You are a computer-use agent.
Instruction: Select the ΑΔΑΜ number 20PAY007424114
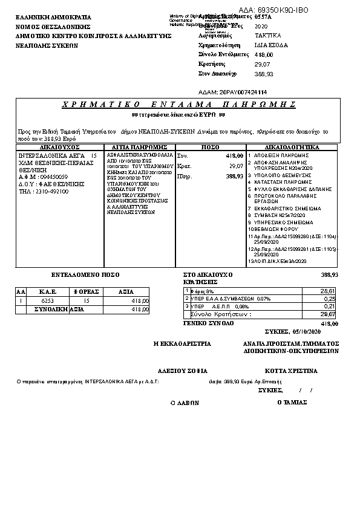tap(244, 92)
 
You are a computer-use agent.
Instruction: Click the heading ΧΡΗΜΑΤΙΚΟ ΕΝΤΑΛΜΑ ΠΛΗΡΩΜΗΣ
tap(178, 105)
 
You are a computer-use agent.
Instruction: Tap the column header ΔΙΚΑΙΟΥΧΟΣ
tap(60, 147)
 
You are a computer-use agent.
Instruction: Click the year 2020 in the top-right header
tap(261, 27)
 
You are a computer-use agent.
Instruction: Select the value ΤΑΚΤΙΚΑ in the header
tap(267, 36)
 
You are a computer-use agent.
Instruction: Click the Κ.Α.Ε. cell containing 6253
tap(47, 300)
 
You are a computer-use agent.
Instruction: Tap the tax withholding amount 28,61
tap(327, 291)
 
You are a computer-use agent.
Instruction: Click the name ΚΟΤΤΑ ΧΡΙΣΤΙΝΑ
tap(291, 370)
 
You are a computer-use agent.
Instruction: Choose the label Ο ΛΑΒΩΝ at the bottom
tap(185, 402)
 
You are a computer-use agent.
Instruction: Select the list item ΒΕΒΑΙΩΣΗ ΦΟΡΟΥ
tap(277, 229)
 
